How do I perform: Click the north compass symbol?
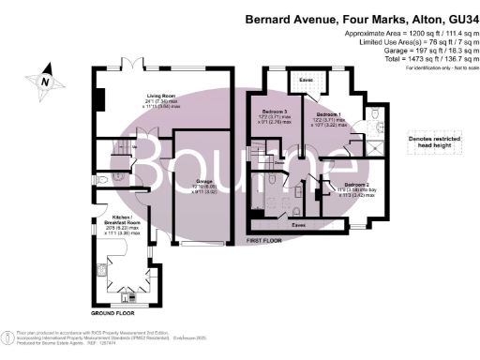(43, 81)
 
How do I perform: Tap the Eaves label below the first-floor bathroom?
(298, 225)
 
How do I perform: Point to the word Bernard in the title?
(269, 17)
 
